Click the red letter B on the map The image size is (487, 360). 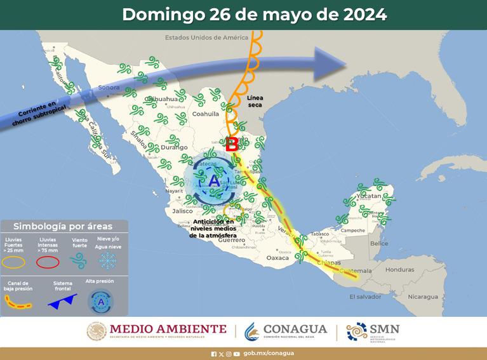pyautogui.click(x=232, y=144)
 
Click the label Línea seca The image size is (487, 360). pyautogui.click(x=254, y=102)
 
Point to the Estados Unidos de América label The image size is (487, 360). pyautogui.click(x=204, y=37)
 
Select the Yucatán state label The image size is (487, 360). pyautogui.click(x=368, y=196)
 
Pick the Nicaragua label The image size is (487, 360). pyautogui.click(x=423, y=297)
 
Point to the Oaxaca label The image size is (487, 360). pyautogui.click(x=277, y=258)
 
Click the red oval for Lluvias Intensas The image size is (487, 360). pyautogui.click(x=48, y=261)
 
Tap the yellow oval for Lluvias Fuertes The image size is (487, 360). pyautogui.click(x=17, y=261)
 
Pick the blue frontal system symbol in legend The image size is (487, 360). pyautogui.click(x=62, y=302)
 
